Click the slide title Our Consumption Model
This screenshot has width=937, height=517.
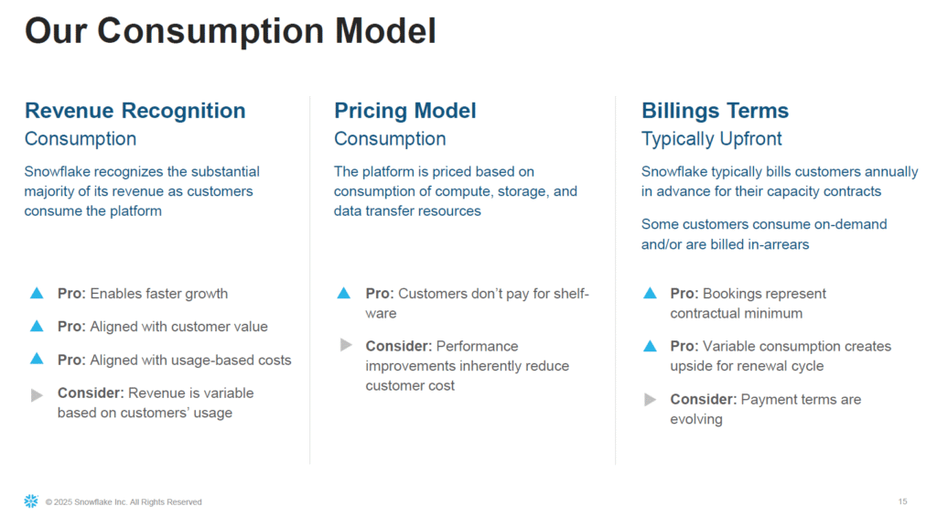[x=230, y=31]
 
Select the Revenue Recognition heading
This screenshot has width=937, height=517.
[x=135, y=111]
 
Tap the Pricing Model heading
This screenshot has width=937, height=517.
[x=405, y=111]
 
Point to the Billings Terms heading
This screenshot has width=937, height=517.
[x=715, y=111]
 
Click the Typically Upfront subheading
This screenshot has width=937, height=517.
[x=711, y=139]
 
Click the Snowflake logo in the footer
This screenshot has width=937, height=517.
[x=31, y=501]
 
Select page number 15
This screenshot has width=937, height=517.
[x=902, y=501]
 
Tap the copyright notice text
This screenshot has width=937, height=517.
[x=124, y=502]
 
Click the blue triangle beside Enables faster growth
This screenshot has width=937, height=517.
[x=37, y=293]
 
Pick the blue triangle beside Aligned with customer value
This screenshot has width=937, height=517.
[x=37, y=326]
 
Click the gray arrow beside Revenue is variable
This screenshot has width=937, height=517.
[x=37, y=395]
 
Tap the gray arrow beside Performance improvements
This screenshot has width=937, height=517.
[x=346, y=345]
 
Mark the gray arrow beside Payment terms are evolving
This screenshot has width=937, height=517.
[x=651, y=399]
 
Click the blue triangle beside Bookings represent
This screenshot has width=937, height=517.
[x=651, y=293]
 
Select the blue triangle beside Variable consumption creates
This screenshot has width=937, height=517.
[x=651, y=346]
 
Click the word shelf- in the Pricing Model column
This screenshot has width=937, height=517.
[x=572, y=294]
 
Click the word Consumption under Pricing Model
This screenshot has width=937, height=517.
[x=390, y=139]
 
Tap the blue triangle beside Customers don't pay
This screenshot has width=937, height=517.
[x=344, y=293]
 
